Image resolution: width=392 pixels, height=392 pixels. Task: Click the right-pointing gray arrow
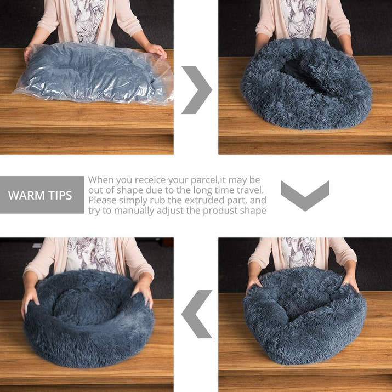197,89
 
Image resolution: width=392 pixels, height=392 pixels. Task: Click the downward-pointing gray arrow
305,195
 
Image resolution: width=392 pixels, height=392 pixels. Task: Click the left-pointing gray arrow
196,314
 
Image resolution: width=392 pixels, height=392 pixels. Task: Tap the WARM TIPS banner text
40,195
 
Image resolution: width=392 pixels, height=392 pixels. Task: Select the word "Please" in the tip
101,201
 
